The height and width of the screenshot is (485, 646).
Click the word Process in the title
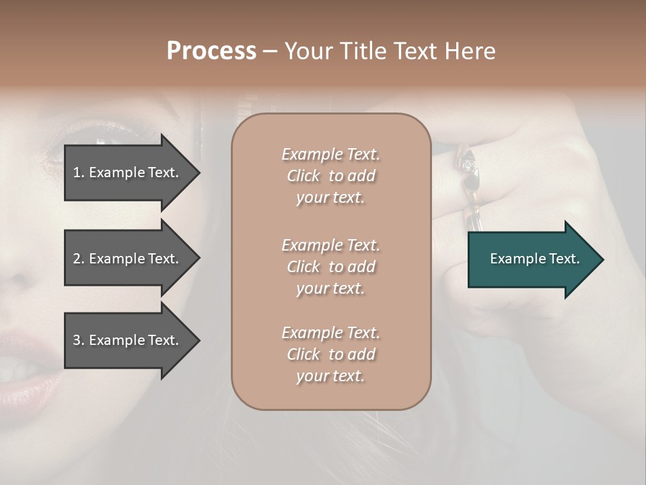[211, 51]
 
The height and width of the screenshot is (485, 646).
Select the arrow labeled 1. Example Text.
[128, 172]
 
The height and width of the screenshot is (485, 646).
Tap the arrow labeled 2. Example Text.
[128, 259]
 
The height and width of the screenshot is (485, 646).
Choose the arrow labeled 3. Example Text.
[128, 340]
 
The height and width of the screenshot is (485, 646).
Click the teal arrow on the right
[532, 259]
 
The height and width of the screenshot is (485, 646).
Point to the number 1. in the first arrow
[79, 172]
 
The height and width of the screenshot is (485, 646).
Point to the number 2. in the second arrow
[79, 259]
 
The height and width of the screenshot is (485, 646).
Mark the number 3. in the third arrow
[79, 340]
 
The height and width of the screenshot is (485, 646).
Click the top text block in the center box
[330, 176]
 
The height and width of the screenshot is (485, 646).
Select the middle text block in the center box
[330, 267]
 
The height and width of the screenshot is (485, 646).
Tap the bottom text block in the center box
[330, 354]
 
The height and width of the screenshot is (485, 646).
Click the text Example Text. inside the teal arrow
[535, 259]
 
